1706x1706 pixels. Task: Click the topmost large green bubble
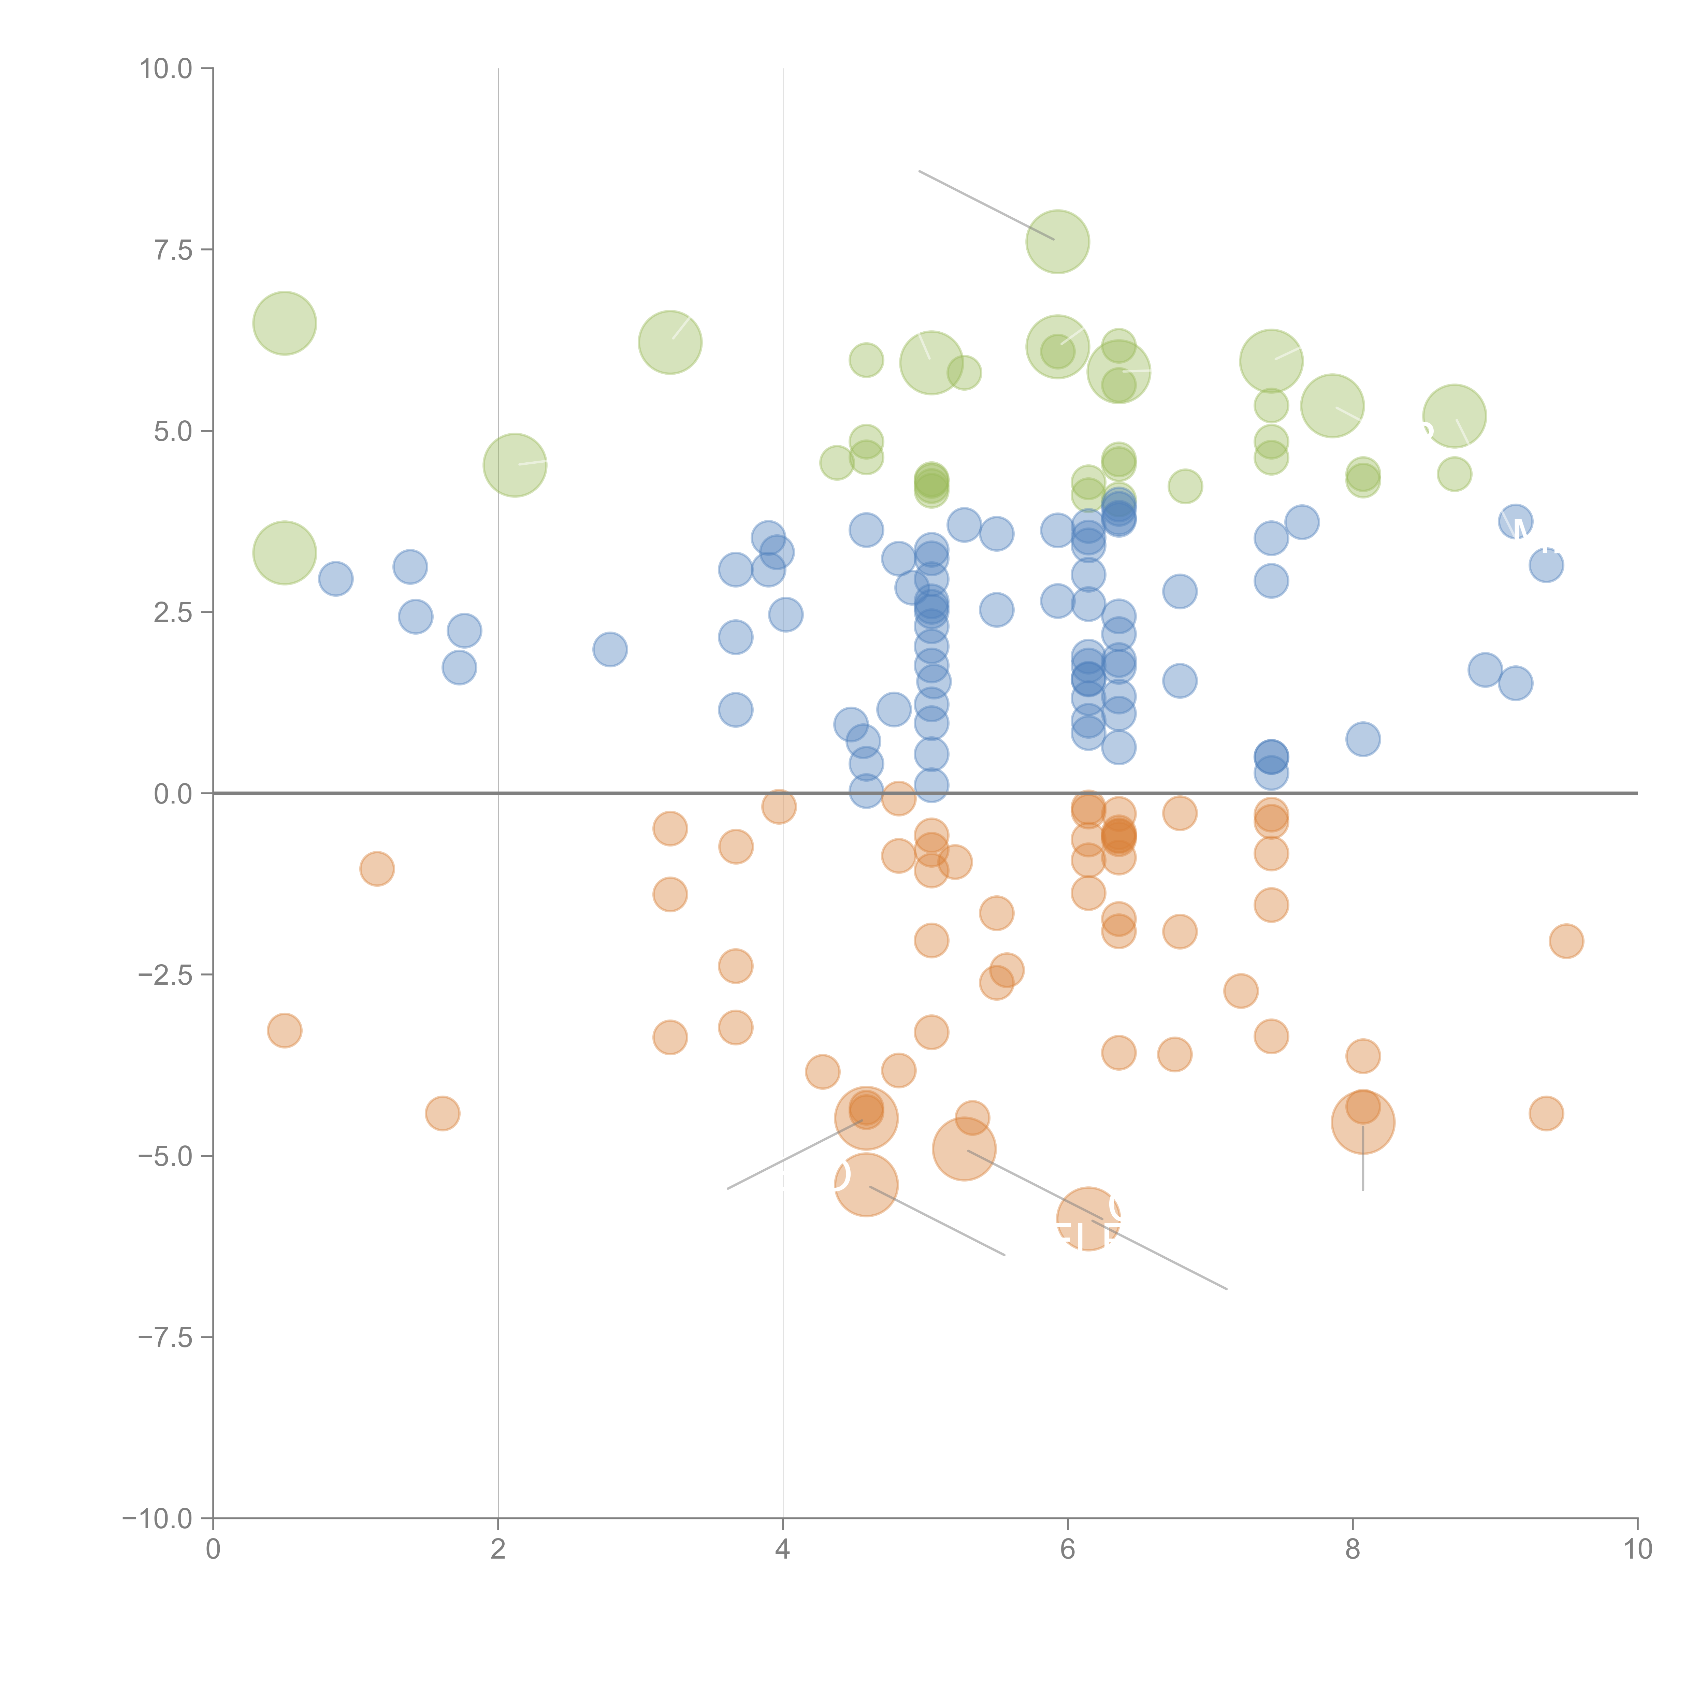[x=1057, y=241]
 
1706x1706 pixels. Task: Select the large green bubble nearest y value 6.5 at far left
[x=284, y=322]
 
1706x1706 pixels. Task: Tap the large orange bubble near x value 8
[x=1362, y=1122]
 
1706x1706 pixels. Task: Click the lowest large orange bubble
[x=1088, y=1218]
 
